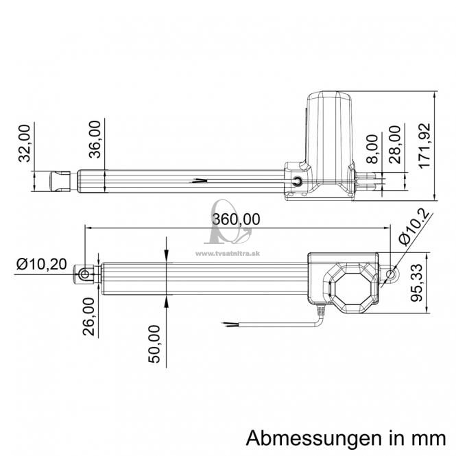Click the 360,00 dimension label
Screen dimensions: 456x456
236,219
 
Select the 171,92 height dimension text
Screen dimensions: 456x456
424,145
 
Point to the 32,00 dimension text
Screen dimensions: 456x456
24,143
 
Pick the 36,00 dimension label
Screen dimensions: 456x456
95,139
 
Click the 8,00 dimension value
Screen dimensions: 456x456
372,149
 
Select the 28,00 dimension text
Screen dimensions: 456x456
395,145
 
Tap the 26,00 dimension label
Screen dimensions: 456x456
88,317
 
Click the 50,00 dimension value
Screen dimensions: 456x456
154,344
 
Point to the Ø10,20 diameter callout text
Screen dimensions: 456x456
42,264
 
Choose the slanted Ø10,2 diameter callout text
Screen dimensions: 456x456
414,227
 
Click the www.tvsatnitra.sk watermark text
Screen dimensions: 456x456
228,254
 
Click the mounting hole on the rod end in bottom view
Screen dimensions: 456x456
85,274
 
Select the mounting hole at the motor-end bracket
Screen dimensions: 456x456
391,274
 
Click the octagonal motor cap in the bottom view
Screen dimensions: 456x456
352,287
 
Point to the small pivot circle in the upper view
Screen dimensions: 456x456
297,181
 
